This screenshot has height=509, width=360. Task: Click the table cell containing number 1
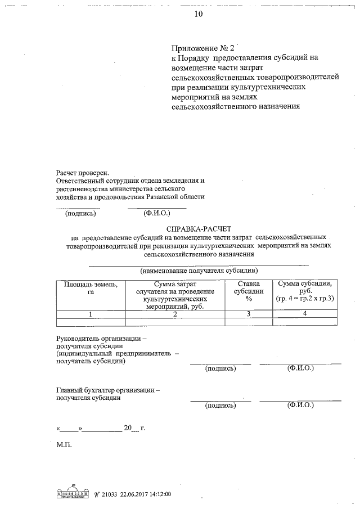91,314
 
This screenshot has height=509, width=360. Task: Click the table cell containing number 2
175,314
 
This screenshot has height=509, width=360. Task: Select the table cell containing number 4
304,314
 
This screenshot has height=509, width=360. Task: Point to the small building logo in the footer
74,493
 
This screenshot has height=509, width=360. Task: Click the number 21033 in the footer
108,494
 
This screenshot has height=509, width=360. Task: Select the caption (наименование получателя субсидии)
199,271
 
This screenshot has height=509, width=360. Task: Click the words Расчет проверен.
82,173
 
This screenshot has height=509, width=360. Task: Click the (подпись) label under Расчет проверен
80,213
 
